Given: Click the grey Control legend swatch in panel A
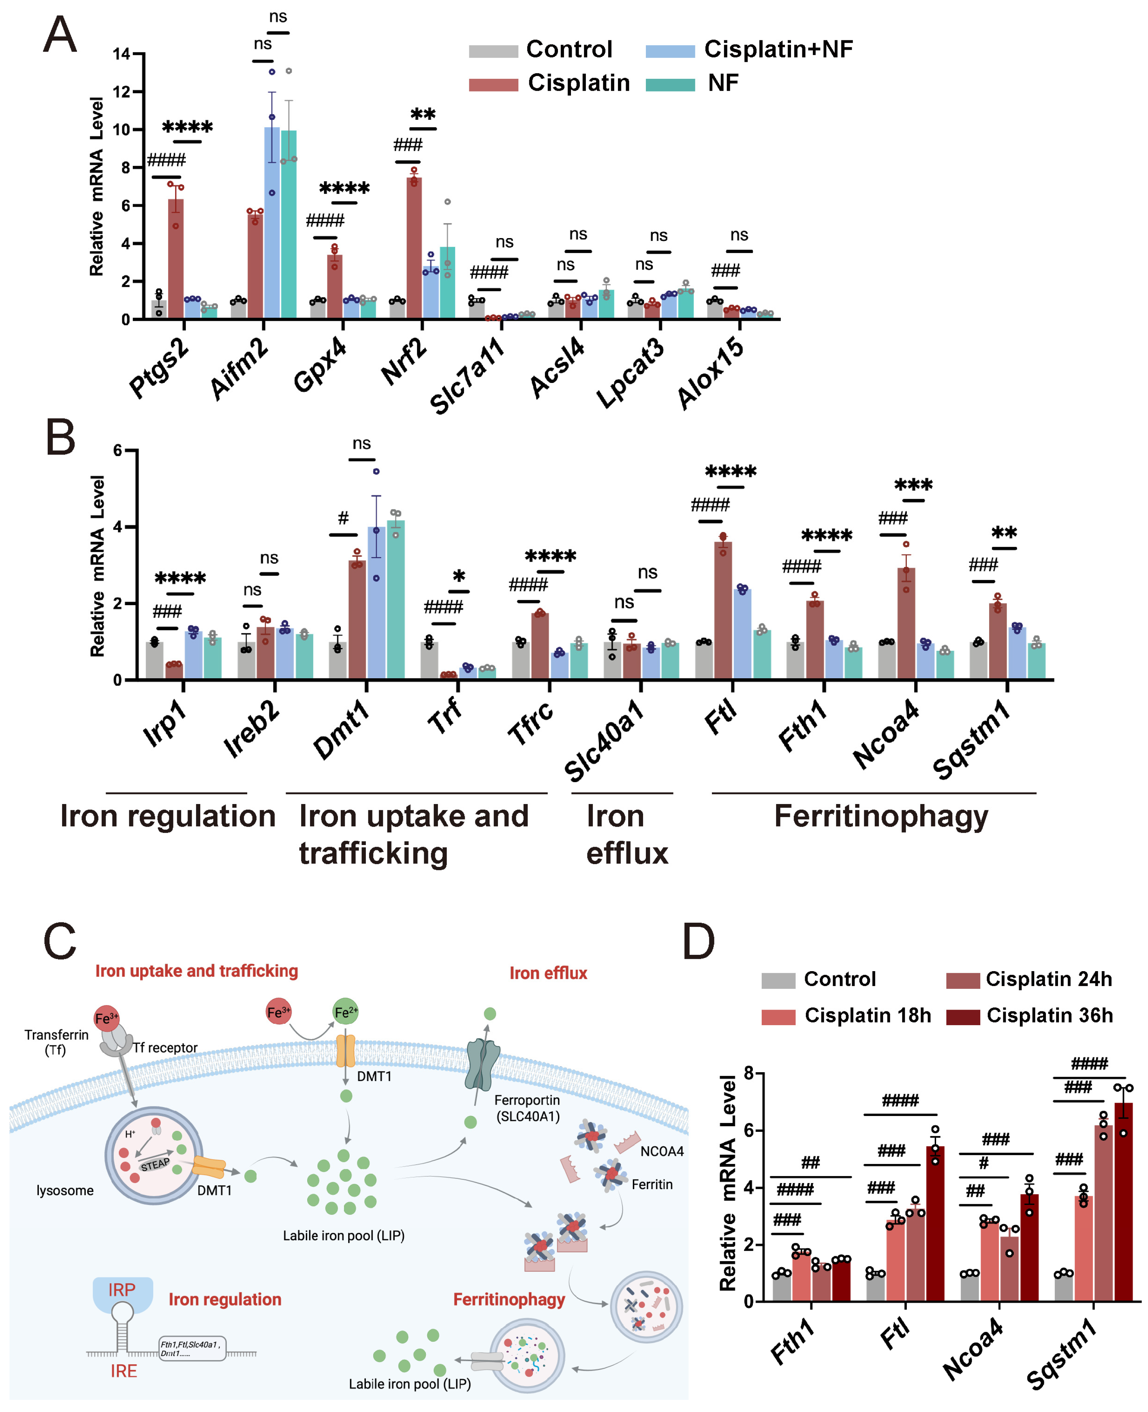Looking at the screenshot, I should coord(493,51).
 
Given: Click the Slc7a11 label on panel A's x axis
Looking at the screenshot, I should coord(466,375).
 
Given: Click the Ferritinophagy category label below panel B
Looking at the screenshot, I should coord(881,816).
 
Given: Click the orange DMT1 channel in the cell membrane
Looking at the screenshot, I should coord(345,1051).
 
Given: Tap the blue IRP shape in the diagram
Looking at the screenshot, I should coord(122,1294).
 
